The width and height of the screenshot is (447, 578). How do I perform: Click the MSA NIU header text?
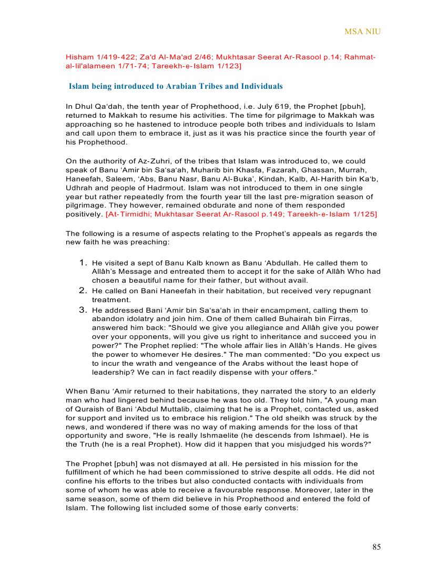[x=362, y=32]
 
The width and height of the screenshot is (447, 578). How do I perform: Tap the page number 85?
[x=376, y=547]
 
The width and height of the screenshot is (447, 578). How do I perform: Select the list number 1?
[x=83, y=262]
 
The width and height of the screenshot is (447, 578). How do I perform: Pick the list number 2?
[x=83, y=290]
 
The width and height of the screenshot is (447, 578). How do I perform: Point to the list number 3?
[x=83, y=309]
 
